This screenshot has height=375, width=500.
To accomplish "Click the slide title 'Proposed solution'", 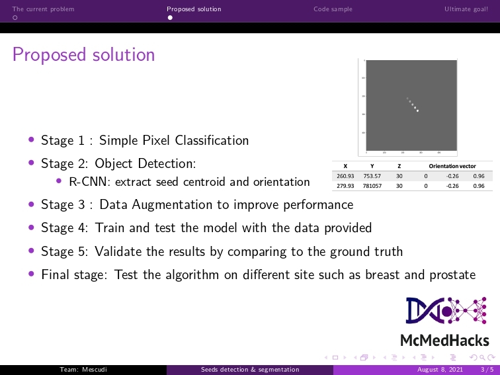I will pos(83,54).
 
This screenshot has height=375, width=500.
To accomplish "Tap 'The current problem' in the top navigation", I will pos(43,9).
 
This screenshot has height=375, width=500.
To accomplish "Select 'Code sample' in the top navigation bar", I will pos(333,9).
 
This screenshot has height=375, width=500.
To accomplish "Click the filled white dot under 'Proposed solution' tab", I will pos(169,18).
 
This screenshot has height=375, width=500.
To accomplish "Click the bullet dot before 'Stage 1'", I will pos(31,140).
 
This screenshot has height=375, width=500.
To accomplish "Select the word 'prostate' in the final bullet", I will pos(453,274).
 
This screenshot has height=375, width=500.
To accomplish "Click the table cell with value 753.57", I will pos(372,177).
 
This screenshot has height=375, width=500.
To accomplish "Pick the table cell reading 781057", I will pos(372,186).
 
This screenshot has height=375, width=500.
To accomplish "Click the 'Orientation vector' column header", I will pos(452,166).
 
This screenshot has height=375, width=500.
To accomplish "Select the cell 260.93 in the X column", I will pos(345,177).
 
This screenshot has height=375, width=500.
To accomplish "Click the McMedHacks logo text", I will pos(444,341).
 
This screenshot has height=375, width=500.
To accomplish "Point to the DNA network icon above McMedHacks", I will pos(444,311).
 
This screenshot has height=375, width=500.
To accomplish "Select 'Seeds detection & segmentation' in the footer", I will pos(250,370).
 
